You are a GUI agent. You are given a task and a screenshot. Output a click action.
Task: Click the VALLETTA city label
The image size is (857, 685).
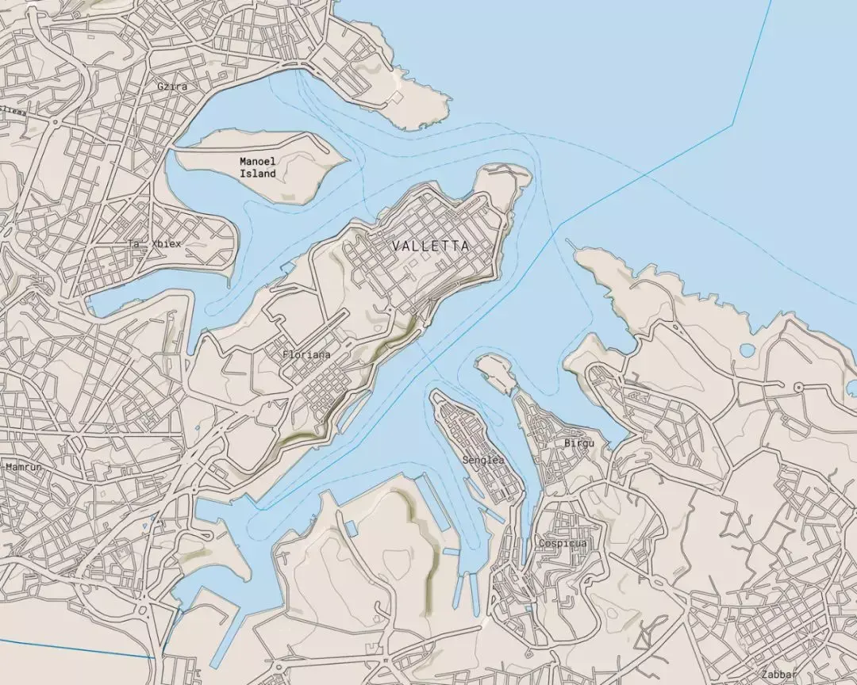[430, 247]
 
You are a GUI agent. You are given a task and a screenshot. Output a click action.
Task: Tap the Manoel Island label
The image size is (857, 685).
[258, 167]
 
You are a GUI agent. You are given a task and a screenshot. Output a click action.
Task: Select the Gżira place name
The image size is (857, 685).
[172, 86]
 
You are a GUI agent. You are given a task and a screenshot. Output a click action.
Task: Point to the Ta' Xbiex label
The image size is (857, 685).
[156, 244]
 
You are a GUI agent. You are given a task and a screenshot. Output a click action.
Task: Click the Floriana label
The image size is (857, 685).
[306, 354]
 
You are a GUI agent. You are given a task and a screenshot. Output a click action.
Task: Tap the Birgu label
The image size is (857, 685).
[578, 442]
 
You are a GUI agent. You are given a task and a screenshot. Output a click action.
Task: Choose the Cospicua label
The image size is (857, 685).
[562, 543]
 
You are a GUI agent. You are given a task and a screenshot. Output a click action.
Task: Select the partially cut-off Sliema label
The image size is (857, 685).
[11, 111]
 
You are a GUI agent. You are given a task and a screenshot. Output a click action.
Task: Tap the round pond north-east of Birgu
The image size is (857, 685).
[746, 350]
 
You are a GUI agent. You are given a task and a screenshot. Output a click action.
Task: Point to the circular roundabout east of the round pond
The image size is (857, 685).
[798, 387]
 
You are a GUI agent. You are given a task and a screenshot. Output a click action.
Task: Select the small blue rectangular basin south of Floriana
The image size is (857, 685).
[351, 527]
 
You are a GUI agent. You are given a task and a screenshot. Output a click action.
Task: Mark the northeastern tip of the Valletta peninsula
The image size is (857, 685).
[520, 170]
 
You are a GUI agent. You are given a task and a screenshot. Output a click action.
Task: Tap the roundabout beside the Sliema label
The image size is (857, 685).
[56, 122]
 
